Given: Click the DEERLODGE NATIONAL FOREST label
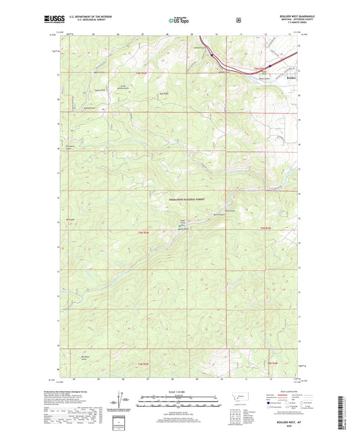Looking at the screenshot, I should coord(181,191).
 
